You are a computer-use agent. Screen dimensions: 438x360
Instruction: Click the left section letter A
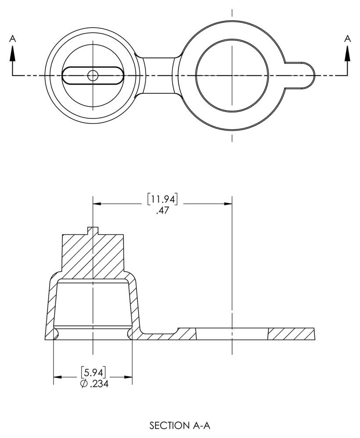pos(13,39)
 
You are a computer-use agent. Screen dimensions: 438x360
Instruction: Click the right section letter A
pos(348,39)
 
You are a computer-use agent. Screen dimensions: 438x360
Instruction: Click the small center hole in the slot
pos(93,75)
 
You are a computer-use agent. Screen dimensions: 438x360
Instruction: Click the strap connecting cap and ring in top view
pos(158,75)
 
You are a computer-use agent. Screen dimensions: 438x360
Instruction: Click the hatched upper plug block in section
pos(93,256)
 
